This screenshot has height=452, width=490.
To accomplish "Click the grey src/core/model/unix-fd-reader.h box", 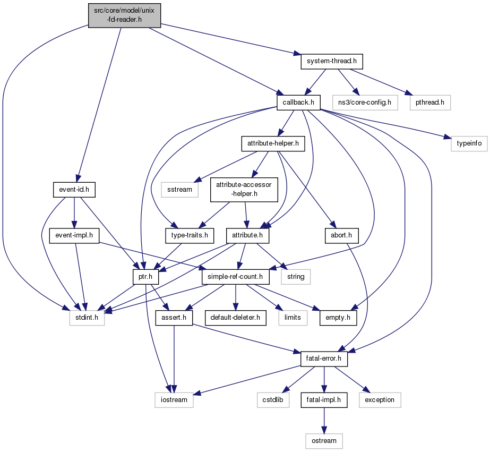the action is (124, 15).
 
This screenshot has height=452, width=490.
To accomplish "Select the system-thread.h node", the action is (332, 61).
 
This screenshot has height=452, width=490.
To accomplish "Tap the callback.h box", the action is (298, 103).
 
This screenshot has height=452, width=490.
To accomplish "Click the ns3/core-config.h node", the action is (365, 103).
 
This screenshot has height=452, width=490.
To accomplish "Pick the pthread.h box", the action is (430, 103).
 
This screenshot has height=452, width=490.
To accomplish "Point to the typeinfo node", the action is (469, 143).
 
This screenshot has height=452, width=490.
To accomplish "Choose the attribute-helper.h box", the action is (273, 143).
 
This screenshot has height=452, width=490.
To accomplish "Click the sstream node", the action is (179, 190).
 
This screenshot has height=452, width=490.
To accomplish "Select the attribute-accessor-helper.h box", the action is (244, 190).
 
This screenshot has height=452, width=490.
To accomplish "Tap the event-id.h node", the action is (74, 190).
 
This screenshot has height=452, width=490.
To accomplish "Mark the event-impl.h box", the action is (74, 235).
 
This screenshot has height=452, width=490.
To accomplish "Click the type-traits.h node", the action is (190, 235).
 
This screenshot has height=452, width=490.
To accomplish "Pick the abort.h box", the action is (341, 235).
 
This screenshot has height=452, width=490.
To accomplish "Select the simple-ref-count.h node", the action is (235, 277).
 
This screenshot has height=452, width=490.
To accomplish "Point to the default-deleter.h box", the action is (235, 318).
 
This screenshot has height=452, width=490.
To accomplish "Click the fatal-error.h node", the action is (324, 359).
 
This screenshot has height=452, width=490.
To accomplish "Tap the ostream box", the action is (324, 441).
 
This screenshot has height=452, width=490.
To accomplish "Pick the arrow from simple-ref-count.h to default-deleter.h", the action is (235, 297).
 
